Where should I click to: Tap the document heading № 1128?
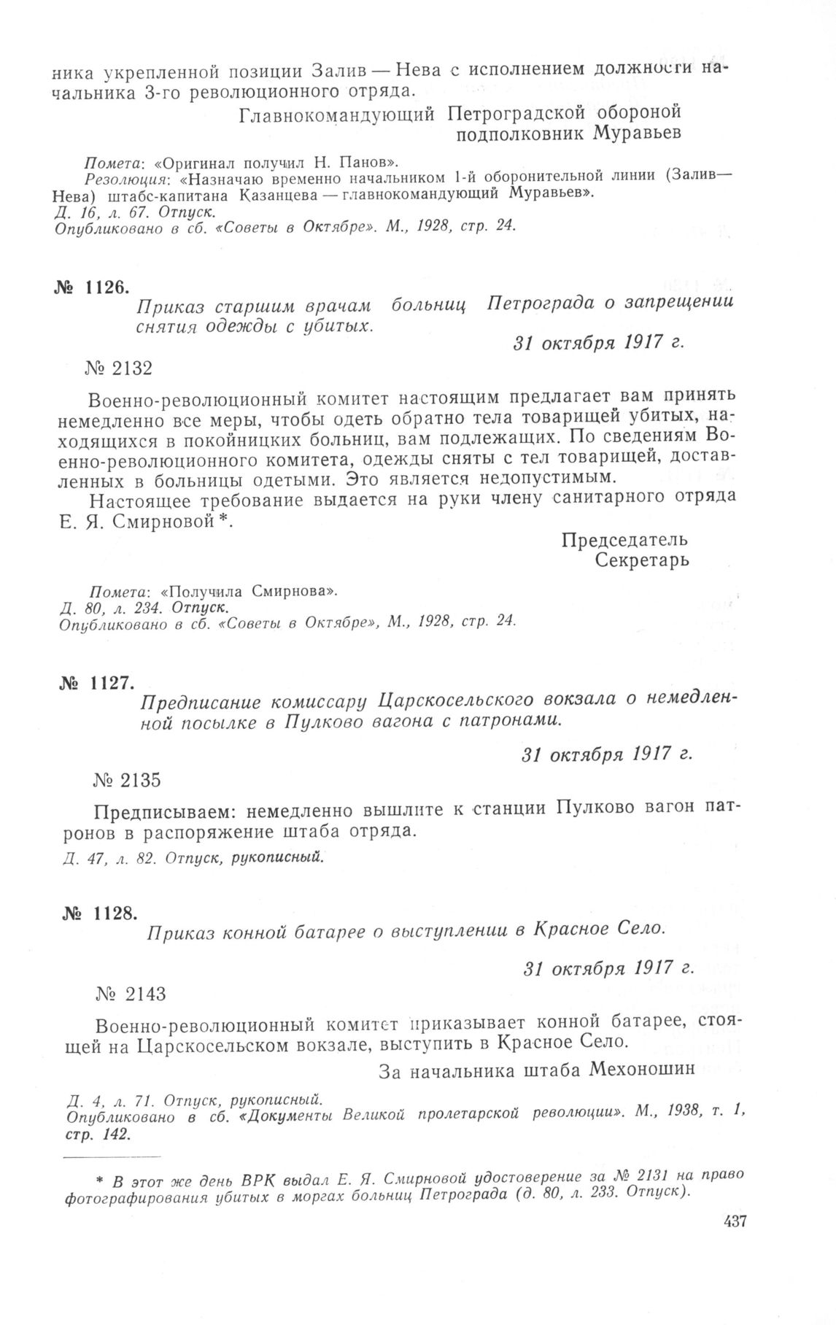pos(96,911)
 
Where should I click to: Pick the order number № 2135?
pos(127,779)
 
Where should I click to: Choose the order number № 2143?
pos(131,993)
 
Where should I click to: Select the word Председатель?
pos(624,540)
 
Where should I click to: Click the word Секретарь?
pos(642,560)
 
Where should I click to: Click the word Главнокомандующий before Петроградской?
pos(338,114)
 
